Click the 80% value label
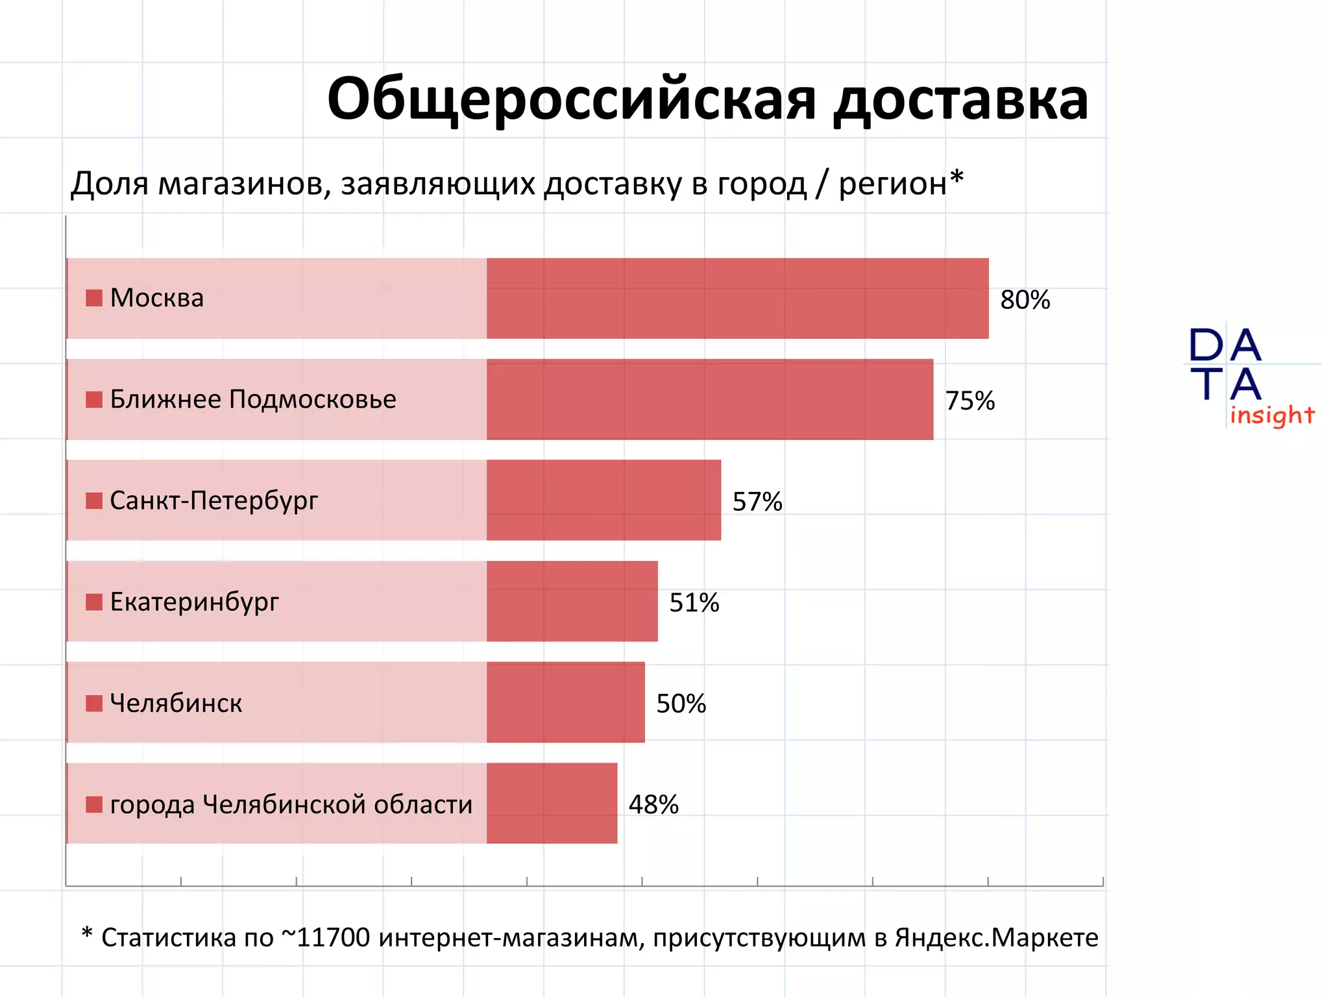[1025, 300]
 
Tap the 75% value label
[969, 401]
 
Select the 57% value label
[757, 502]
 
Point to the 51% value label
[694, 603]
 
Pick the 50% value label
[681, 704]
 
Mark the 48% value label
[653, 805]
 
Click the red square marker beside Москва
[94, 298]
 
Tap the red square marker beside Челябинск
[94, 703]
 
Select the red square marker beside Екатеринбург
[94, 602]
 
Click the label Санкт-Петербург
[214, 500]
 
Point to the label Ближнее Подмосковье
[253, 399]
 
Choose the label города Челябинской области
[291, 804]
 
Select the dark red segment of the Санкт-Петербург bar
[604, 500]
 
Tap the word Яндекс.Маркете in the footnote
[996, 937]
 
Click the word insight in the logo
[1272, 415]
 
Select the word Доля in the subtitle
[110, 184]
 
